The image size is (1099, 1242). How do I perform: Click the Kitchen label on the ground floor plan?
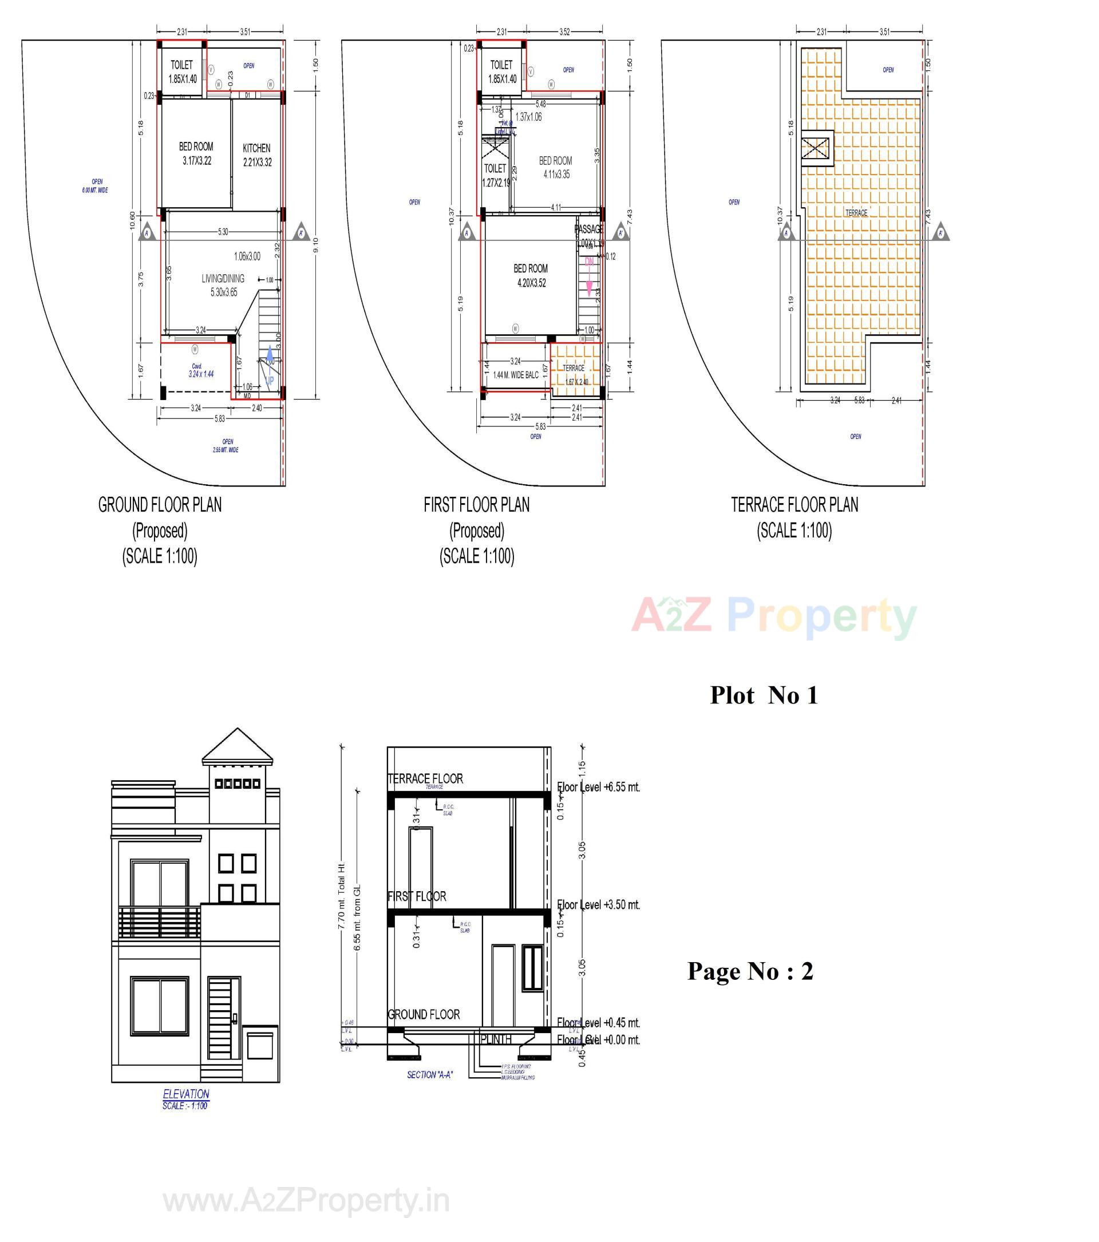256,148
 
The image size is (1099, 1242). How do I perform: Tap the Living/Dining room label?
223,279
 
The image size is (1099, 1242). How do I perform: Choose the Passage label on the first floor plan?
588,230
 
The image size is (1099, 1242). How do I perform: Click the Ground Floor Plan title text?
160,505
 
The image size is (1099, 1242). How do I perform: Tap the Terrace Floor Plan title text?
794,505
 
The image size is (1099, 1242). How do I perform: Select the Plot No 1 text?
764,695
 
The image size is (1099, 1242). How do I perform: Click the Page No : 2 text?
750,971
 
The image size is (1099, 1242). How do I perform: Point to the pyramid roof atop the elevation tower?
238,747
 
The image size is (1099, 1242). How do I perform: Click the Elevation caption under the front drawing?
186,1094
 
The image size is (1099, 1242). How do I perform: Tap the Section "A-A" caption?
429,1075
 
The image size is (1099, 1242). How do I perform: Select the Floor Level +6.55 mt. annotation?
598,788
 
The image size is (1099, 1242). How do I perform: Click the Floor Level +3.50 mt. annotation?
598,905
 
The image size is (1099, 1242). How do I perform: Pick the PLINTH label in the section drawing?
496,1039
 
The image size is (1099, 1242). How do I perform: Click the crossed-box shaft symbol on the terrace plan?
815,148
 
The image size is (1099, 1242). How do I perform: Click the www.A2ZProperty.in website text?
306,1201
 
